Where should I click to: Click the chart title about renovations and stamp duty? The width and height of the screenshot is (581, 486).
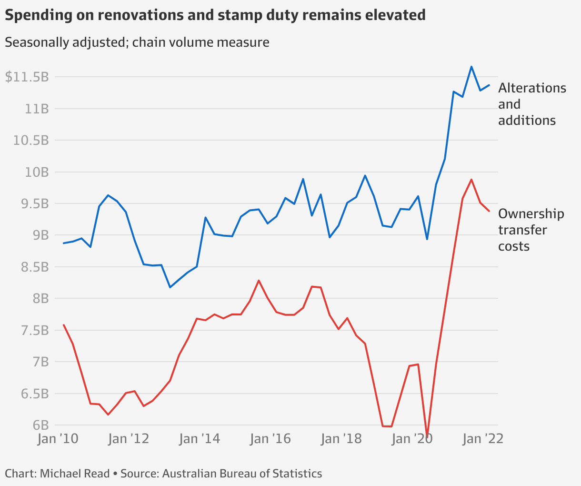pyautogui.click(x=215, y=15)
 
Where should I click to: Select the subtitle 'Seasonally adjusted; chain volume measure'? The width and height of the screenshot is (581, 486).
pyautogui.click(x=137, y=42)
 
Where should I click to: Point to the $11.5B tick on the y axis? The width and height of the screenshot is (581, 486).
pyautogui.click(x=27, y=77)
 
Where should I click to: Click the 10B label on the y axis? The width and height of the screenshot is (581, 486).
pyautogui.click(x=37, y=172)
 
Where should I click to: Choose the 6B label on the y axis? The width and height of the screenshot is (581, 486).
pyautogui.click(x=40, y=425)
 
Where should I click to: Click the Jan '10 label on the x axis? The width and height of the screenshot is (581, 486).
pyautogui.click(x=58, y=439)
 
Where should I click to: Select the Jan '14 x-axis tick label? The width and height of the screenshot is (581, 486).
pyautogui.click(x=200, y=439)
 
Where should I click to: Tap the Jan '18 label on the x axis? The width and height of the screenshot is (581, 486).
pyautogui.click(x=341, y=439)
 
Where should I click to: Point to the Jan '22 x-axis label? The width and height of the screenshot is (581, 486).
pyautogui.click(x=482, y=439)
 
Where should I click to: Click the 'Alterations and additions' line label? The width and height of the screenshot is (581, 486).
pyautogui.click(x=532, y=104)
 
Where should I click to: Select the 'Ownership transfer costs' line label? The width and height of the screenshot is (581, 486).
pyautogui.click(x=531, y=230)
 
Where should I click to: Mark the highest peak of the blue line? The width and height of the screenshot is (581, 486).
pyautogui.click(x=471, y=67)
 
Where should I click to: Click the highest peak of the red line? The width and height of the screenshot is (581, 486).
pyautogui.click(x=471, y=180)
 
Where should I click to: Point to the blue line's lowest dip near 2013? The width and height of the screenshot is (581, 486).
pyautogui.click(x=170, y=287)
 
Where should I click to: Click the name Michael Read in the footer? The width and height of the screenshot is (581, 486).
pyautogui.click(x=75, y=474)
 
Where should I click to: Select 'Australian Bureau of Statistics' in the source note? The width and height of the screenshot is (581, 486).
pyautogui.click(x=242, y=474)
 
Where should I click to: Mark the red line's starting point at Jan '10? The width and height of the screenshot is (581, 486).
pyautogui.click(x=64, y=325)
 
